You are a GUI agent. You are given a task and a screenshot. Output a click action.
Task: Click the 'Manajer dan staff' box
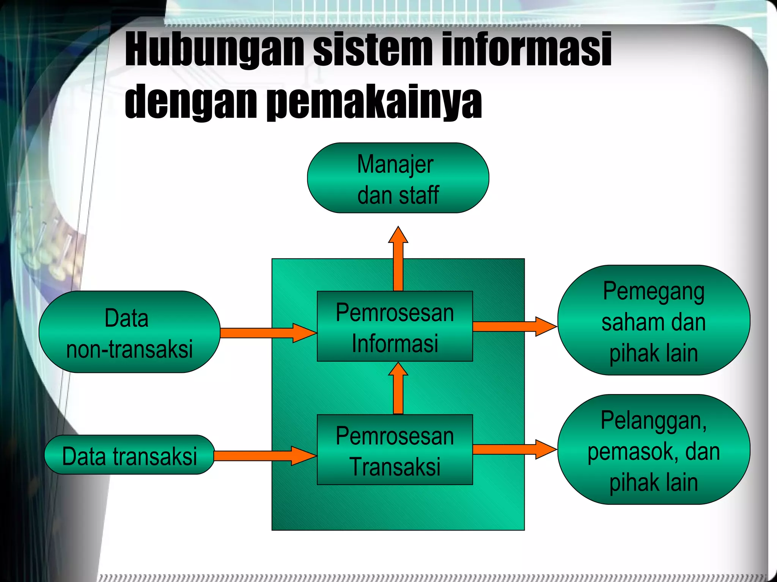point(398,178)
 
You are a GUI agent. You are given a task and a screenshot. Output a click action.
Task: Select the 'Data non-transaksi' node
point(129,332)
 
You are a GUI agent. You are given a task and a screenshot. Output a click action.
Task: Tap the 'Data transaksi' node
point(129,455)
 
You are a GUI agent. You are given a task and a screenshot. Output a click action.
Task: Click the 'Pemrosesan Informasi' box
point(395,327)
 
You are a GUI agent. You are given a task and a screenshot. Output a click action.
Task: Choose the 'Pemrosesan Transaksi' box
point(395,450)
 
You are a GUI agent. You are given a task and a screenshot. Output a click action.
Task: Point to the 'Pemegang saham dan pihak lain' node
point(653,321)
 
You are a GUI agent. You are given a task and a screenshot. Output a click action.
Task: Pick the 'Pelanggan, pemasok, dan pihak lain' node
point(653,450)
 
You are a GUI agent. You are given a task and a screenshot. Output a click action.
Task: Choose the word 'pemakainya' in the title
point(374,102)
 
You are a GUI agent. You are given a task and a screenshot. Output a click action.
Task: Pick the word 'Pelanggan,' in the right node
point(653,421)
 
